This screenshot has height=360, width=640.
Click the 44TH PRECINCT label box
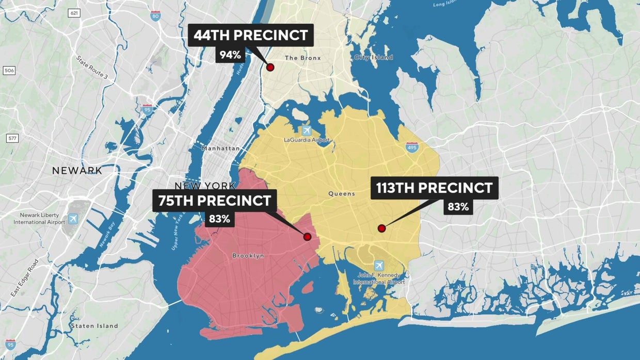pyautogui.click(x=250, y=36)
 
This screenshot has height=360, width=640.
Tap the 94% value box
pyautogui.click(x=230, y=55)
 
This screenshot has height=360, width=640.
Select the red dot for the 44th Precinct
pyautogui.click(x=269, y=67)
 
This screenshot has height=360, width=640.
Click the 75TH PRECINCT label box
pyautogui.click(x=215, y=201)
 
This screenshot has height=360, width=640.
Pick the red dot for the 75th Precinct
pyautogui.click(x=307, y=237)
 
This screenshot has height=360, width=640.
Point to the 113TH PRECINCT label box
pyautogui.click(x=435, y=188)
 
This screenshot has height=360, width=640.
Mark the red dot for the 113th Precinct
pyautogui.click(x=381, y=228)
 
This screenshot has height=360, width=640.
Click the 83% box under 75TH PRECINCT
pyautogui.click(x=219, y=219)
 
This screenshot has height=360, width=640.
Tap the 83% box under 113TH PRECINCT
pyautogui.click(x=458, y=207)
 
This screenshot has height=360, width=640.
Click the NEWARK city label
pyautogui.click(x=77, y=171)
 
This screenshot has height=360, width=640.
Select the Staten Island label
pyautogui.click(x=94, y=326)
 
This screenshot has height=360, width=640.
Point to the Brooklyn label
pyautogui.click(x=248, y=256)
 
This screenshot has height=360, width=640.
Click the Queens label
pyautogui.click(x=342, y=194)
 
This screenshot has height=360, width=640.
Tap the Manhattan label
pyautogui.click(x=220, y=149)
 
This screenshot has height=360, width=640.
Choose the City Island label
pyautogui.click(x=373, y=57)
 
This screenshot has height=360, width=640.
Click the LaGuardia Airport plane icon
pyautogui.click(x=307, y=130)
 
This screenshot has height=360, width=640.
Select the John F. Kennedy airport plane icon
pyautogui.click(x=379, y=265)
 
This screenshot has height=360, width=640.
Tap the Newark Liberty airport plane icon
pyautogui.click(x=73, y=219)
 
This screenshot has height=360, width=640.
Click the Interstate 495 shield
pyautogui.click(x=411, y=147)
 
